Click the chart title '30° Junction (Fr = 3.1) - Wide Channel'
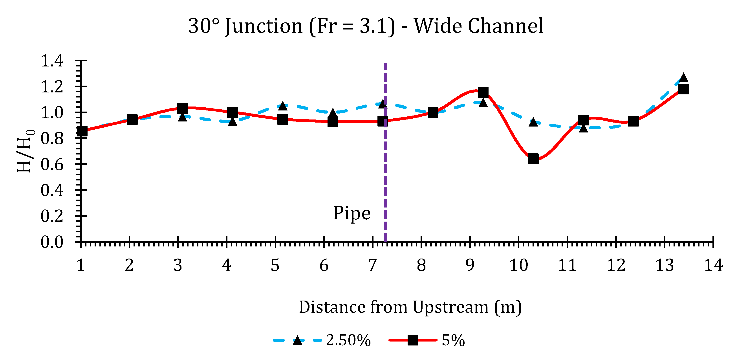(365, 26)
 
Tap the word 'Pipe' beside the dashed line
(352, 213)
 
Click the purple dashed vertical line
(386, 171)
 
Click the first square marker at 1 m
(82, 131)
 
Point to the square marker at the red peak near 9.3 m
(483, 92)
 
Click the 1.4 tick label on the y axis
(52, 61)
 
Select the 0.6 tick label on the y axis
(52, 165)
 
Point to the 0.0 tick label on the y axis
(52, 242)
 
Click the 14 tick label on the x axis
(713, 265)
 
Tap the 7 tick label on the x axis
(372, 265)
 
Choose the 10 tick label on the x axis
(519, 265)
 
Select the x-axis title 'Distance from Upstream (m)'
(410, 307)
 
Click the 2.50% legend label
(348, 340)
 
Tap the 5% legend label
(453, 340)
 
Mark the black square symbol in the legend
(413, 340)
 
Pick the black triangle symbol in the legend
(297, 340)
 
